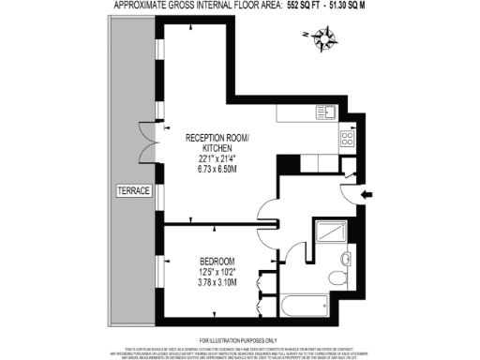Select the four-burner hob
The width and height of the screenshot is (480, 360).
coord(346,138)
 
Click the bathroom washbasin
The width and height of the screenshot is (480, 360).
coord(347,258)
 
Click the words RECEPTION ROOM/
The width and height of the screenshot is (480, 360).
coord(218,138)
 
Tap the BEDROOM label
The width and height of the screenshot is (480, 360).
coord(217,260)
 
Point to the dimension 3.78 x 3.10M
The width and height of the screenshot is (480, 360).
coord(217,282)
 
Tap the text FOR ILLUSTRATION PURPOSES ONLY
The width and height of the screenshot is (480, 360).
coord(240,339)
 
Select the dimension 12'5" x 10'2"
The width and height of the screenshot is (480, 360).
coord(217,271)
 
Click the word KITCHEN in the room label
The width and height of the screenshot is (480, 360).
coord(217,148)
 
